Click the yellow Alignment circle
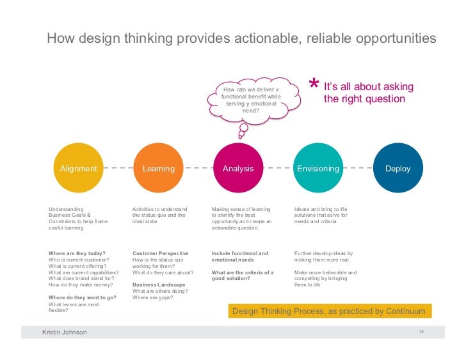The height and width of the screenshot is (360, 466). (78, 169)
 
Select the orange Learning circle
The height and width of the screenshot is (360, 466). (158, 169)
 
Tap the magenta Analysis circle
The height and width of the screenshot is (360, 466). (237, 169)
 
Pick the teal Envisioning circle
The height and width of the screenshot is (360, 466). (317, 169)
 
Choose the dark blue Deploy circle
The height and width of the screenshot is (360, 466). (398, 169)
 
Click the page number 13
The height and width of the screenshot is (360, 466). (421, 331)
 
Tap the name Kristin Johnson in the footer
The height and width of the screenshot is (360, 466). (64, 332)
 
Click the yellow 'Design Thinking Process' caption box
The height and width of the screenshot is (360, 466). (328, 311)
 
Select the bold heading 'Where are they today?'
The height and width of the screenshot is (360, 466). (77, 253)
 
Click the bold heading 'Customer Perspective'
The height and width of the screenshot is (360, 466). (160, 253)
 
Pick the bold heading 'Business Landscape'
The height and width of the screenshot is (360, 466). (159, 285)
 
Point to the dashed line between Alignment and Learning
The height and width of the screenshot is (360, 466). (118, 169)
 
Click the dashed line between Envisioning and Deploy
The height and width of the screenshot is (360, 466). (358, 169)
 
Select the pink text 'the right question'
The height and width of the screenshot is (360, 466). (364, 99)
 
